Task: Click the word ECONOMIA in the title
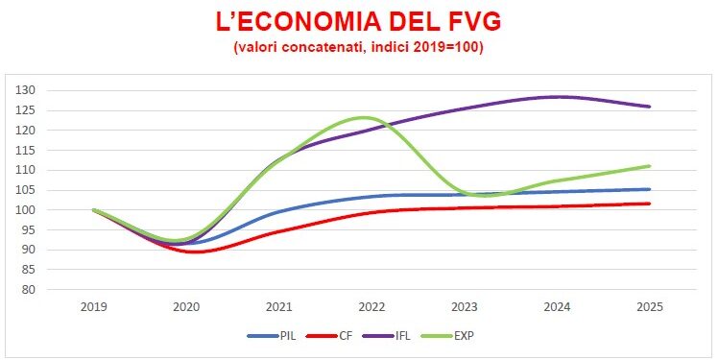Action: [317, 22]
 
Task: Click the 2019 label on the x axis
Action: [94, 307]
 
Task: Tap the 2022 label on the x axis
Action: [371, 307]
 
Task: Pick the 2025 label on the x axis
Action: [649, 307]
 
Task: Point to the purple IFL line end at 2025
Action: [649, 107]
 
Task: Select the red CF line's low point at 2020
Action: [195, 252]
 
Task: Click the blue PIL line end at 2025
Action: [649, 189]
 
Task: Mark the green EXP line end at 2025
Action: [649, 166]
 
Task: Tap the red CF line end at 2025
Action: [649, 204]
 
